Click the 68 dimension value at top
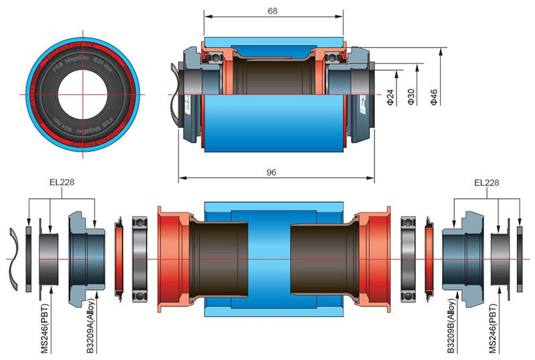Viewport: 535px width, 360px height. click(272, 10)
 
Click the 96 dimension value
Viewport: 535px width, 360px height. click(272, 172)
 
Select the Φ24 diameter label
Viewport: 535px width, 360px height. click(390, 98)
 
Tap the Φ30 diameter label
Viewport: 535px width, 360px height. click(411, 98)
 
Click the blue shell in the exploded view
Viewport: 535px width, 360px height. click(272, 211)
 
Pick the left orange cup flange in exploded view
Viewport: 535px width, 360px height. click(165, 258)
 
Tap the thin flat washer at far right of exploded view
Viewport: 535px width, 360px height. click(520, 259)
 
